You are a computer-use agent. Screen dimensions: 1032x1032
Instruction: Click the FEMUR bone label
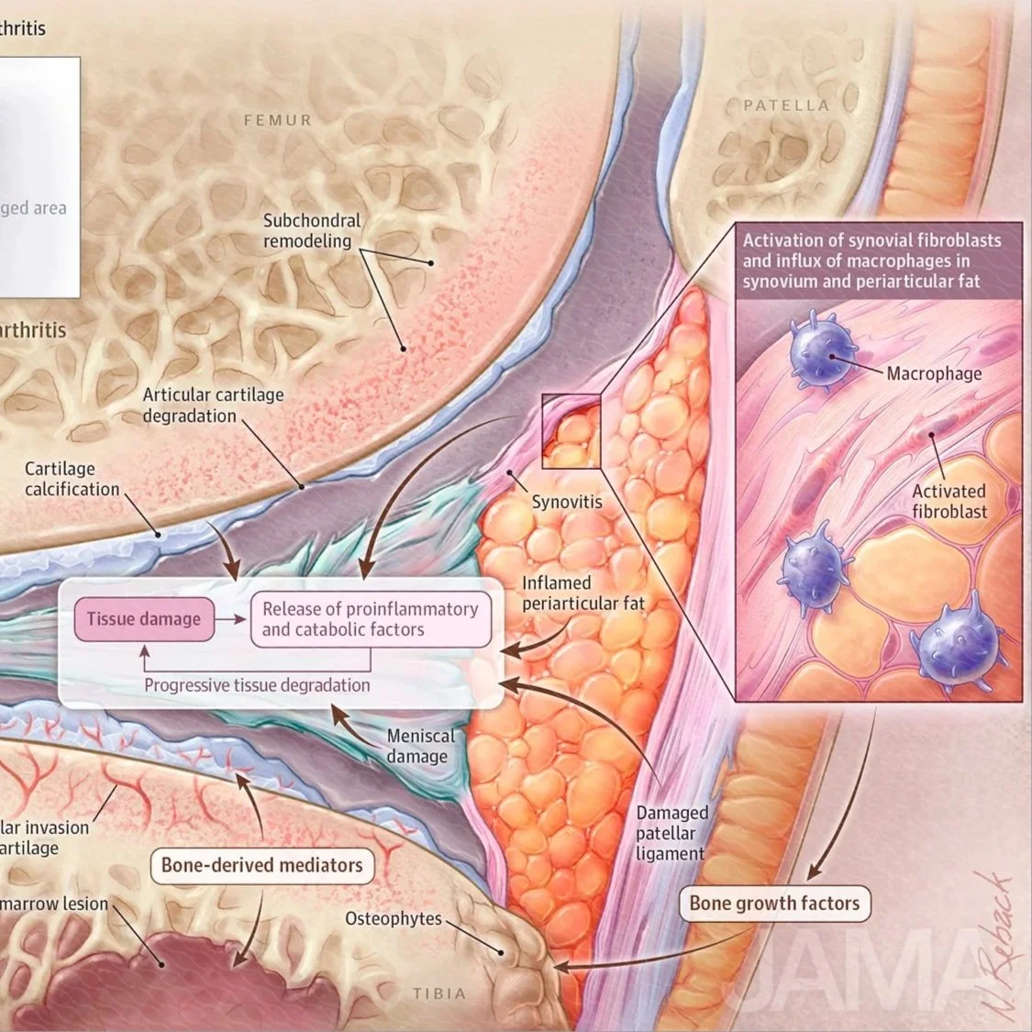coord(277,120)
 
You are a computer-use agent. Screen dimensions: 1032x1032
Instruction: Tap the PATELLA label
coord(785,105)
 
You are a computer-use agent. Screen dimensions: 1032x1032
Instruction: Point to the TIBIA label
coord(438,993)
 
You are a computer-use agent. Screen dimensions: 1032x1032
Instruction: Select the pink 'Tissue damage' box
coord(143,619)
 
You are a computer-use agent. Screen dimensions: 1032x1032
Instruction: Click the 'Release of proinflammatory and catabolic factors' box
coord(371,619)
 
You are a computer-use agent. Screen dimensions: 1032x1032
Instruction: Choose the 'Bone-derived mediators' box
coord(261,864)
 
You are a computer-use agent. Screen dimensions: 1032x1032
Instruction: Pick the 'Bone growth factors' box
coord(774,903)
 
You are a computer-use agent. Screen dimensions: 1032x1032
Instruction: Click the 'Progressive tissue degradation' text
coord(257,685)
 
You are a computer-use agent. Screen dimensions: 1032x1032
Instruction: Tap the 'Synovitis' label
coord(567,502)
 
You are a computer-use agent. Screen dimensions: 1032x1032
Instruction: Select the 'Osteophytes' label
coord(394,918)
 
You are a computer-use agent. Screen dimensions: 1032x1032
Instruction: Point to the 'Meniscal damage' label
coord(419,746)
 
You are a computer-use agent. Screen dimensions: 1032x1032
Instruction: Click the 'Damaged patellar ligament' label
coord(671,833)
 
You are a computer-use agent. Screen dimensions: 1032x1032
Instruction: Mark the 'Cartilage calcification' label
coord(72,479)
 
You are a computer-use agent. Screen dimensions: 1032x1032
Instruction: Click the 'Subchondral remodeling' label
coord(312,231)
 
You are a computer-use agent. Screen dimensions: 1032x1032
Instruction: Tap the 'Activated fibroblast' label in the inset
coord(949,501)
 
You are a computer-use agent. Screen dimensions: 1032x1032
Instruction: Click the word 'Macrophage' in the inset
coord(934,373)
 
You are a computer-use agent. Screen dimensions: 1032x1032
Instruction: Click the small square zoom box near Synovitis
coord(571,430)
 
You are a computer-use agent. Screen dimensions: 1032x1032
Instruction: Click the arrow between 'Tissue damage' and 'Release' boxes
coord(233,619)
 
